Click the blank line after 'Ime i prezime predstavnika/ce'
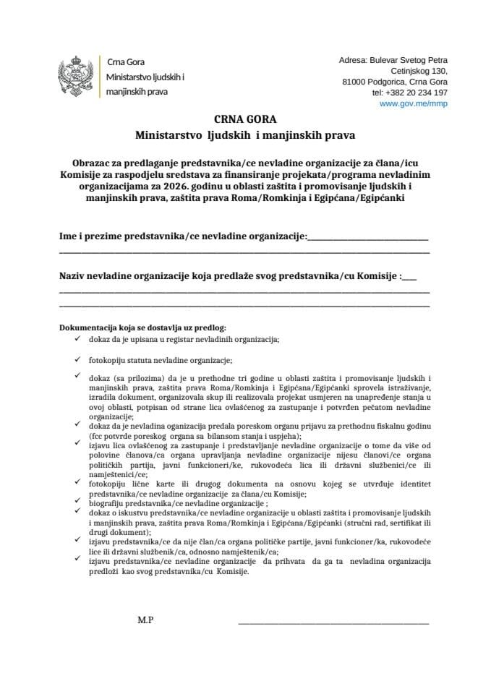pos(368,238)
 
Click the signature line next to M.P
pos(333,622)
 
